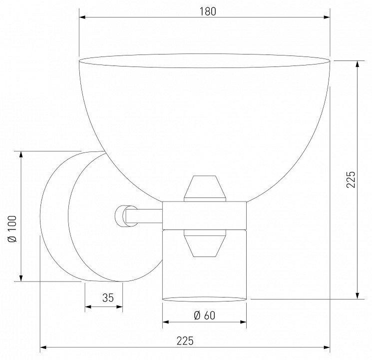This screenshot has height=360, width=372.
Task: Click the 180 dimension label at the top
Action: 208,11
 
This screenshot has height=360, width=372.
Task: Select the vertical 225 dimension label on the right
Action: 351,179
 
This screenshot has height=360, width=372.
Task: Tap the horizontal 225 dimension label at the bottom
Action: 185,341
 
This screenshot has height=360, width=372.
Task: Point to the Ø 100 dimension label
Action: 12,228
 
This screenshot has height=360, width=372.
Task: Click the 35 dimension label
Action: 108,297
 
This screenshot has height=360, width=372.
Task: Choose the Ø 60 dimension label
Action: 205,315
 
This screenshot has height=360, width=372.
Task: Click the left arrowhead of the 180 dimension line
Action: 82,17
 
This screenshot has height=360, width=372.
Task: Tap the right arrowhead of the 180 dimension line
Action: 327,17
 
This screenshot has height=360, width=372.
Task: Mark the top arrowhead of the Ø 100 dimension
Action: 21,154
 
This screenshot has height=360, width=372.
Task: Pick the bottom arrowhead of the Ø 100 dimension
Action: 21,278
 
